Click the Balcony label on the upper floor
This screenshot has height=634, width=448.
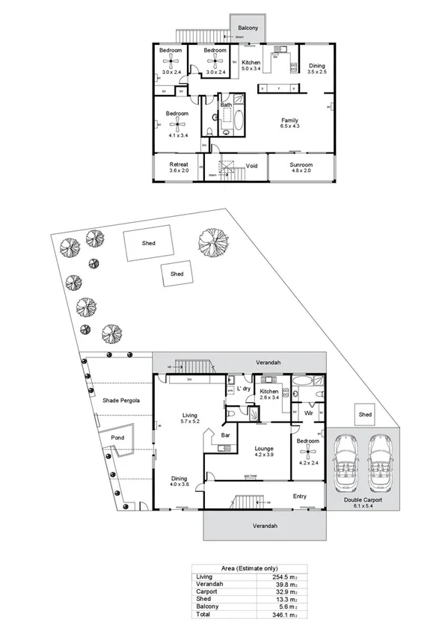pyautogui.click(x=248, y=28)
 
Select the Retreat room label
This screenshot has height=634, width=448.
pyautogui.click(x=178, y=164)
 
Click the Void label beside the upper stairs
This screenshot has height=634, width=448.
pyautogui.click(x=252, y=166)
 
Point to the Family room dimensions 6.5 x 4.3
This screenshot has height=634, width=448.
pyautogui.click(x=289, y=126)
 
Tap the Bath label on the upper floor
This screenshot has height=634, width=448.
pyautogui.click(x=225, y=105)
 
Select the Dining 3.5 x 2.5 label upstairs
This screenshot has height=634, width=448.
pyautogui.click(x=316, y=65)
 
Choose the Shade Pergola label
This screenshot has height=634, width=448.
pyautogui.click(x=122, y=401)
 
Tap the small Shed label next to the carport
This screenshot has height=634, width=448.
pyautogui.click(x=365, y=414)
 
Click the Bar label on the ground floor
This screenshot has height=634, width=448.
pyautogui.click(x=224, y=433)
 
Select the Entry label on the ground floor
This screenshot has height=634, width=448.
pyautogui.click(x=300, y=496)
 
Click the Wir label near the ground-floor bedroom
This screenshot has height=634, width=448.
pyautogui.click(x=307, y=412)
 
